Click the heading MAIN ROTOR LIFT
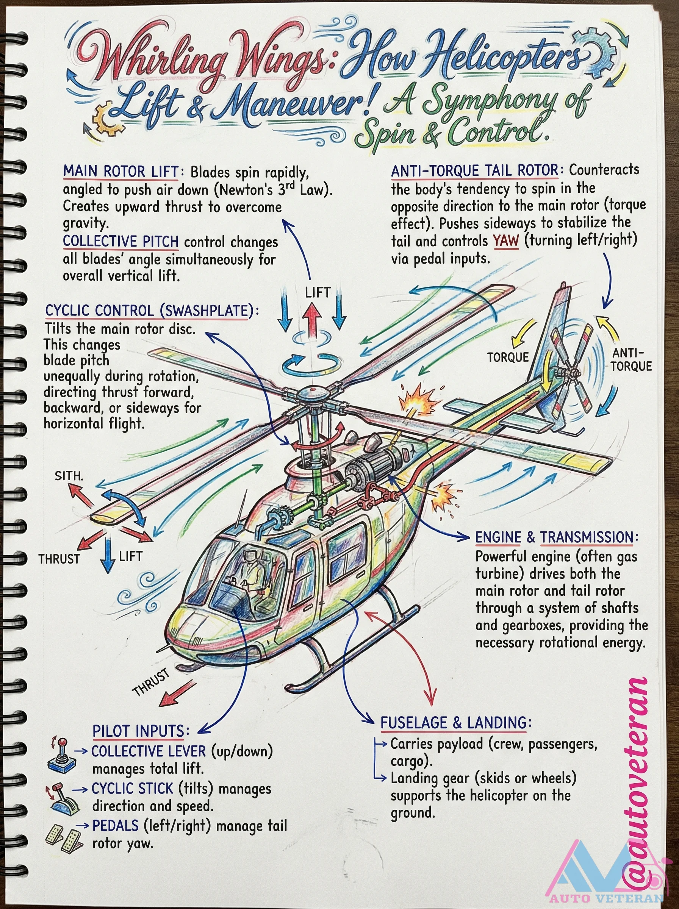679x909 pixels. click(x=120, y=171)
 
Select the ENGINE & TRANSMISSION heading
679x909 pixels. click(x=557, y=537)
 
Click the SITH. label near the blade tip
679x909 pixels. click(x=69, y=476)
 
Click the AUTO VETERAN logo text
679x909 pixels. click(x=606, y=898)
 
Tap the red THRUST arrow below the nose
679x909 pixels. click(x=177, y=693)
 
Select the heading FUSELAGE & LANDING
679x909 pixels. click(x=453, y=723)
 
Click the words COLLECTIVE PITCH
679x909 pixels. click(x=120, y=242)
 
